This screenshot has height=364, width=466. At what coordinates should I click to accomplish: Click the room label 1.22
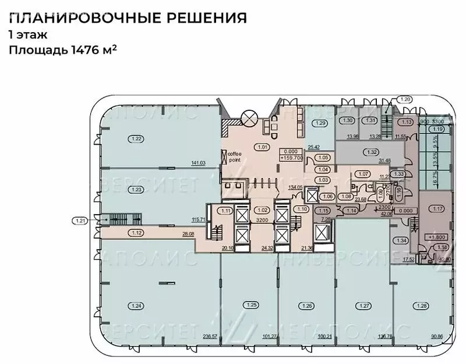point(137,139)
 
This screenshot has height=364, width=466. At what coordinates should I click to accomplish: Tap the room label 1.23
point(137,190)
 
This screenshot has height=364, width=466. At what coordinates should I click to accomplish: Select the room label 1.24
point(137,305)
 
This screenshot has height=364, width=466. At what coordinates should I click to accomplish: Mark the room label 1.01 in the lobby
point(263,147)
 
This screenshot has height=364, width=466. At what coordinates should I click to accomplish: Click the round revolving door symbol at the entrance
point(249,117)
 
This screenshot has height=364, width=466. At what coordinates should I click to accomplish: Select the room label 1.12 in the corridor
point(137,233)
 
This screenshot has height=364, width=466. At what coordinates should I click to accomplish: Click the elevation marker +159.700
point(291,157)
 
